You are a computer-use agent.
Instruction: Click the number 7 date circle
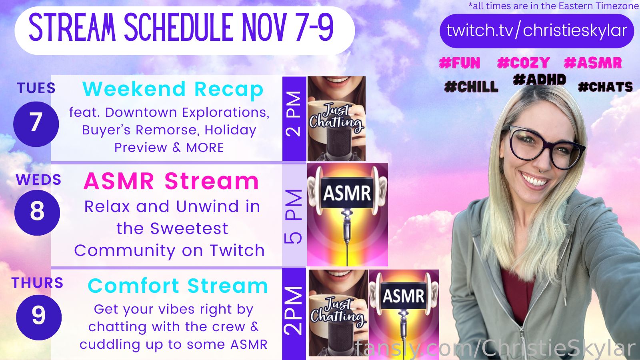[36, 124]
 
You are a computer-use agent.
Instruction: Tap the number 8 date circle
[37, 213]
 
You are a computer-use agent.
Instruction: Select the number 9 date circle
[39, 318]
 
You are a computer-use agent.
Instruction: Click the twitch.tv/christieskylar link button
[536, 31]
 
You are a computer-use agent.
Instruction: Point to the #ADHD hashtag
[540, 80]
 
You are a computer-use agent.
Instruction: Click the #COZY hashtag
[524, 63]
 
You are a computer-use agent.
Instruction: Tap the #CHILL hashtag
[471, 86]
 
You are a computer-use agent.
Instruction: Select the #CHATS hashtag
[606, 87]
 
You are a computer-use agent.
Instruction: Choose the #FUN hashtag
[460, 63]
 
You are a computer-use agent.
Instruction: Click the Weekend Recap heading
[173, 89]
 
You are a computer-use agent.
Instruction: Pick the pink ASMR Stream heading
[171, 181]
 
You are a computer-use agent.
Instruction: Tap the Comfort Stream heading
[178, 286]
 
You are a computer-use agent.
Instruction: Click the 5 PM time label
[294, 216]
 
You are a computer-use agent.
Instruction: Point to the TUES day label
[36, 88]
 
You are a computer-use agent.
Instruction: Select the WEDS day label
[38, 180]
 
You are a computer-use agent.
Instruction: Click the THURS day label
[38, 283]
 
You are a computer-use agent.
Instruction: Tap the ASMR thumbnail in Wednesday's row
[348, 214]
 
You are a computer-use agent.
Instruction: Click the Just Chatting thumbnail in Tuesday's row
[336, 118]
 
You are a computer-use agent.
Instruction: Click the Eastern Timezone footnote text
[554, 6]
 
